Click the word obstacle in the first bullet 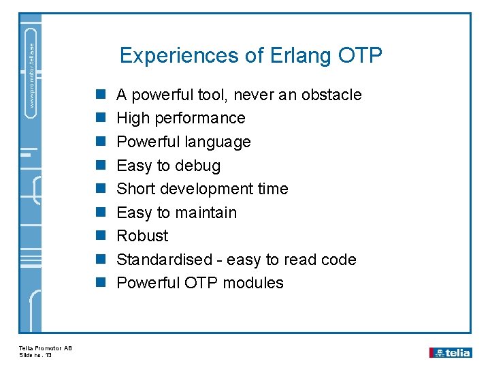click(330, 95)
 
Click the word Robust click(142, 236)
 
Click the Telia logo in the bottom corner click(450, 352)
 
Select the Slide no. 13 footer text click(36, 355)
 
